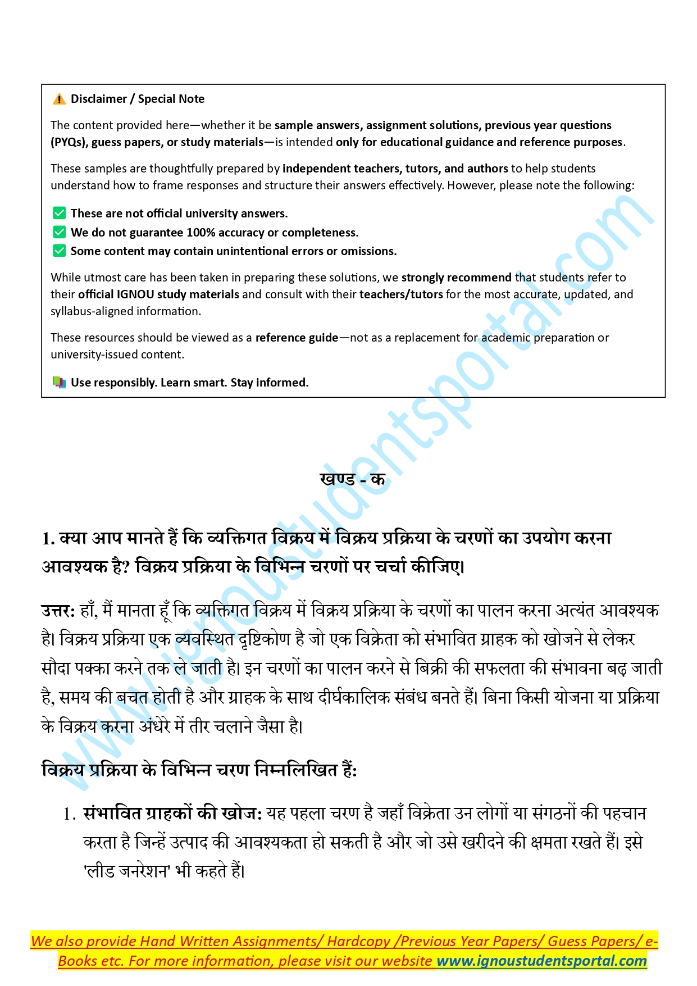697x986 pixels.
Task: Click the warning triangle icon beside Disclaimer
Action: pyautogui.click(x=59, y=99)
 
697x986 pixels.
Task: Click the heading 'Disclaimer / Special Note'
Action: pyautogui.click(x=138, y=99)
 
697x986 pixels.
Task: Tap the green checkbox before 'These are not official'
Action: pyautogui.click(x=59, y=213)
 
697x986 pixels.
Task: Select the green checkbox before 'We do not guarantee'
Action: pyautogui.click(x=59, y=233)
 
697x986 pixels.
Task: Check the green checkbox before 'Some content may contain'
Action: pyautogui.click(x=59, y=251)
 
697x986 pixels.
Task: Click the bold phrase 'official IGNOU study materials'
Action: pyautogui.click(x=159, y=294)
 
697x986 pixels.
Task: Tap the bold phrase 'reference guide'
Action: pyautogui.click(x=297, y=338)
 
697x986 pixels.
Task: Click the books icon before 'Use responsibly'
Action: pyautogui.click(x=59, y=383)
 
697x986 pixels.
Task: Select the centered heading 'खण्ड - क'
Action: pyautogui.click(x=352, y=479)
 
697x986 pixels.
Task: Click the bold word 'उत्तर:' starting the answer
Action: pyautogui.click(x=58, y=611)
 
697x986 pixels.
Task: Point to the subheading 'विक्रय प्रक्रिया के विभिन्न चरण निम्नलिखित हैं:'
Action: pyautogui.click(x=199, y=770)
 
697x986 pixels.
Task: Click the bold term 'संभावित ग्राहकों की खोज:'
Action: pyautogui.click(x=172, y=814)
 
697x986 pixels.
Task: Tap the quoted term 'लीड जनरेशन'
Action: pyautogui.click(x=126, y=871)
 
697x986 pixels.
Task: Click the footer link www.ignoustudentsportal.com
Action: pyautogui.click(x=541, y=961)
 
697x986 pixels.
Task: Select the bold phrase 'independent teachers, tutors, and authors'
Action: pyautogui.click(x=395, y=169)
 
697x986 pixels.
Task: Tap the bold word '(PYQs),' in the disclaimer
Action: pyautogui.click(x=69, y=142)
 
